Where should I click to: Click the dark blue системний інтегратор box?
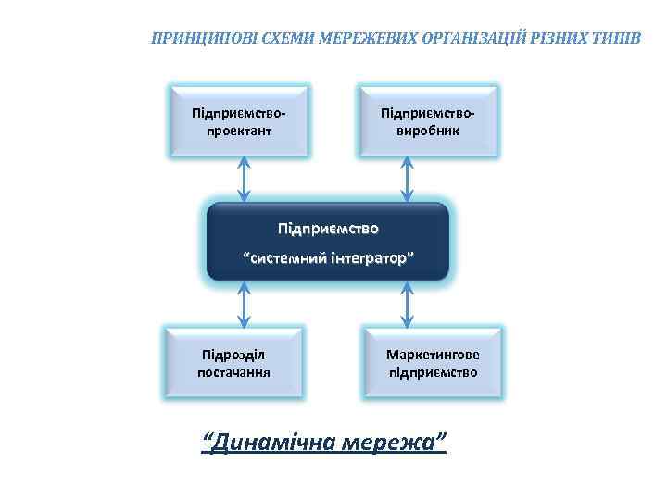[x=328, y=242]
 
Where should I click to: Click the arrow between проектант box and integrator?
[x=244, y=178]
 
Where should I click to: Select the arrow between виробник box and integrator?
[x=406, y=178]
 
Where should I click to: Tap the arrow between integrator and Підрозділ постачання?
[x=244, y=305]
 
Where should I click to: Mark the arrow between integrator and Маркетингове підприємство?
[x=406, y=305]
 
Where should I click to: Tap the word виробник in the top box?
[x=428, y=131]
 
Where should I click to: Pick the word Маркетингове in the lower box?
[x=434, y=355]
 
